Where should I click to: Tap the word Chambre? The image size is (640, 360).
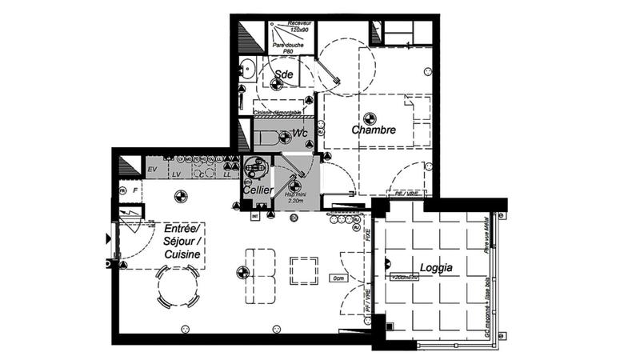[373, 130]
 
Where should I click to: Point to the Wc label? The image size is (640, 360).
[301, 132]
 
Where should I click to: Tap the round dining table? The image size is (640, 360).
[178, 288]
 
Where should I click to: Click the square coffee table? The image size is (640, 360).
[304, 270]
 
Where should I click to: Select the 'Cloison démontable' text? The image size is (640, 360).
[278, 113]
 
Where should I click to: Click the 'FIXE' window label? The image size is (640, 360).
[368, 238]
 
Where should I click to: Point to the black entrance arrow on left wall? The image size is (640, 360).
[108, 238]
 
